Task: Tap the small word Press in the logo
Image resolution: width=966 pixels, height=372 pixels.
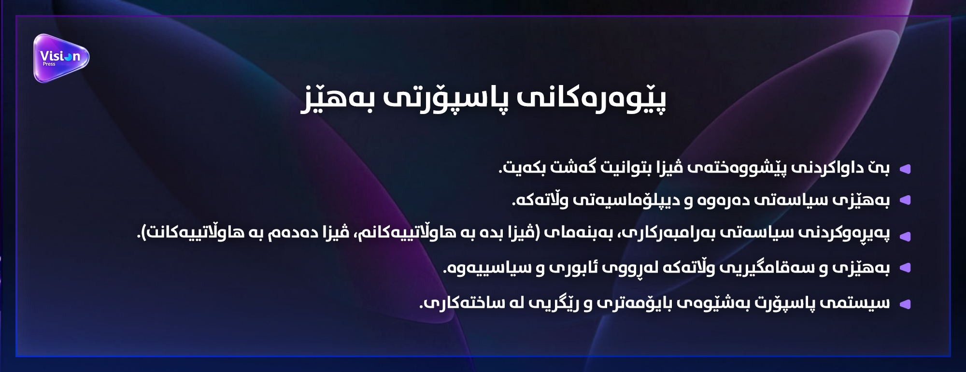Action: (49, 64)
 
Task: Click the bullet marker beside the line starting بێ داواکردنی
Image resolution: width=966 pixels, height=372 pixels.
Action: (905, 169)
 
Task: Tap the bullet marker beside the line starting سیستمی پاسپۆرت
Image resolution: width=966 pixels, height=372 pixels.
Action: (905, 304)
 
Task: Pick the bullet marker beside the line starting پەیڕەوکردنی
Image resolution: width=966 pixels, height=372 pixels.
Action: (905, 236)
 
